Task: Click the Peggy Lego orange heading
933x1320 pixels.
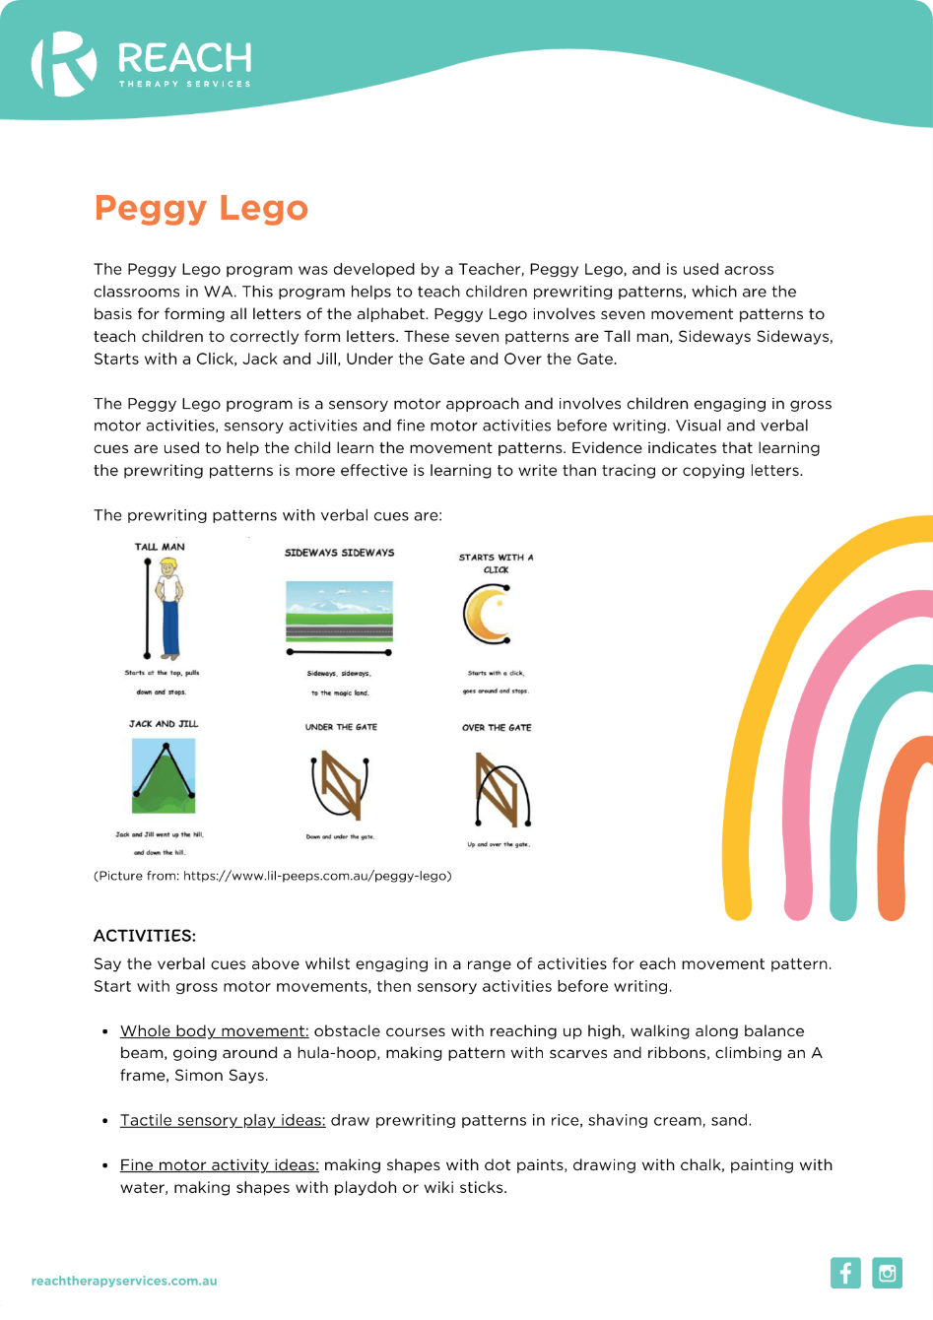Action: click(201, 209)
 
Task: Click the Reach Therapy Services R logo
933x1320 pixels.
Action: click(64, 64)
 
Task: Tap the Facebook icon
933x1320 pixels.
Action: click(845, 1273)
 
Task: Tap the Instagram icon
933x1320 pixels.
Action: click(888, 1273)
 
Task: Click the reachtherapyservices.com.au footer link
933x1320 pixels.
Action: click(124, 1282)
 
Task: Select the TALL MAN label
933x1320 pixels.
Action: click(160, 547)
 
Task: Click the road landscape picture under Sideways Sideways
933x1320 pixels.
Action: click(339, 611)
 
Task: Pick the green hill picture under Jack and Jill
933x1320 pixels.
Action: click(164, 776)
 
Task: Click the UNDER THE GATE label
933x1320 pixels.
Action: click(341, 727)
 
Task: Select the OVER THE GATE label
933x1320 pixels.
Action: click(497, 728)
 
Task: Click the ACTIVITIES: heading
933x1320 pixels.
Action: click(145, 935)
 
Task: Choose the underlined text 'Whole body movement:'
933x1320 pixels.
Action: click(214, 1031)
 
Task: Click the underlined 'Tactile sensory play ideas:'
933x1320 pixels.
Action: click(223, 1120)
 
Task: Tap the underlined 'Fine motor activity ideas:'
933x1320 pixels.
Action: click(219, 1164)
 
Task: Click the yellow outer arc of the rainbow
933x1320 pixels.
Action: click(778, 630)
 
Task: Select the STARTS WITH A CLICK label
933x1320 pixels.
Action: click(496, 562)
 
